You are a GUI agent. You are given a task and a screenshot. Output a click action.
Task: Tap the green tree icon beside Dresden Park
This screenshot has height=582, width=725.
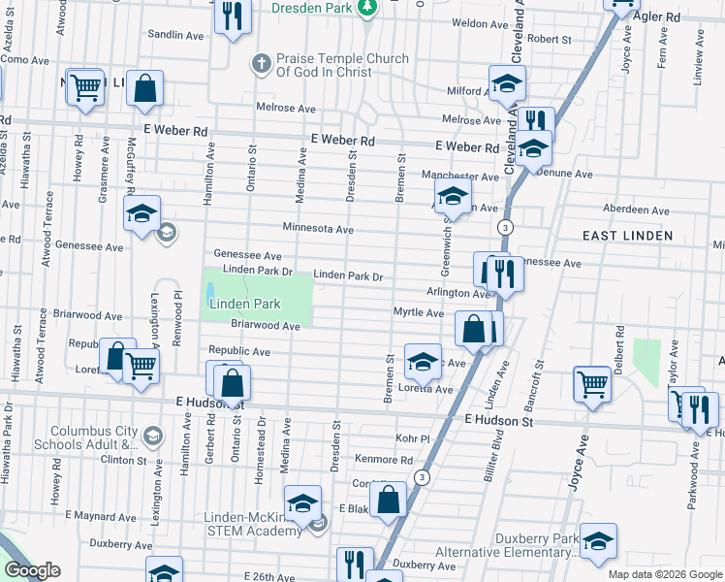point(367,8)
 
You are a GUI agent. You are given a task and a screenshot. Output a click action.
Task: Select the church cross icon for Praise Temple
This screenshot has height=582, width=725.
point(260,64)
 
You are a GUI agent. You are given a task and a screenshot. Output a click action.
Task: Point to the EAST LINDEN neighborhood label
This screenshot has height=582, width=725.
point(627,236)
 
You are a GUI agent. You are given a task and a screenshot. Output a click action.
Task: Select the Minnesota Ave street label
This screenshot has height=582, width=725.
point(318,229)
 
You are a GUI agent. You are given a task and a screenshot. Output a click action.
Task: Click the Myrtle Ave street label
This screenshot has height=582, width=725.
point(418,312)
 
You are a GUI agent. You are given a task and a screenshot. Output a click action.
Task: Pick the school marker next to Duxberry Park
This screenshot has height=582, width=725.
point(598,541)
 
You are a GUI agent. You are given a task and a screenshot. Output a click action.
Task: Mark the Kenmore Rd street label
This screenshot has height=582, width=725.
point(384,461)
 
